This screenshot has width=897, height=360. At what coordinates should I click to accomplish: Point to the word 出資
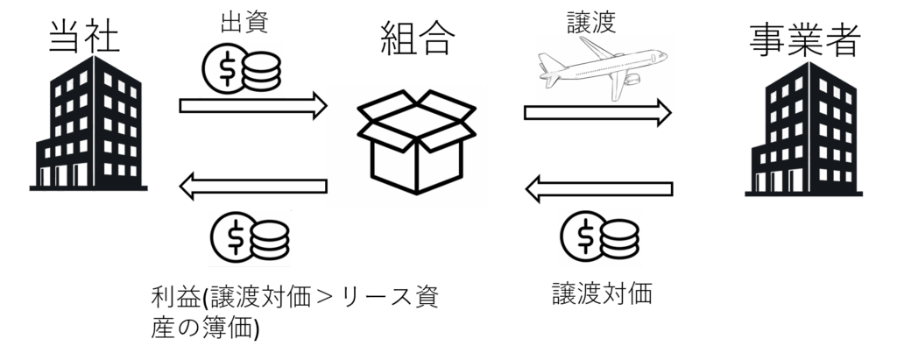(x=244, y=22)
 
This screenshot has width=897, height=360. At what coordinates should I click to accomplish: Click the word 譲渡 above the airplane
(x=591, y=22)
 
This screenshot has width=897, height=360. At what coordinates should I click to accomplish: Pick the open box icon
(x=416, y=142)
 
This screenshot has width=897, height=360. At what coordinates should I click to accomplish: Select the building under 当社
(x=88, y=123)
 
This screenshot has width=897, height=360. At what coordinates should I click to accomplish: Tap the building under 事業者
(x=803, y=129)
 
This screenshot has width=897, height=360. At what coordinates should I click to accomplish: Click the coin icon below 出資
(x=242, y=68)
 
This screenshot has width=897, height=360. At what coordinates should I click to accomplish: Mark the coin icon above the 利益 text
(x=250, y=237)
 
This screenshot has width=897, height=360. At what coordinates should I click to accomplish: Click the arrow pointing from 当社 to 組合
(x=253, y=105)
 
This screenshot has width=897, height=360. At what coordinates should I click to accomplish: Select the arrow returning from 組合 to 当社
(x=253, y=186)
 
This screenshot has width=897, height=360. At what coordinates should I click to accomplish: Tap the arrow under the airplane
(x=597, y=113)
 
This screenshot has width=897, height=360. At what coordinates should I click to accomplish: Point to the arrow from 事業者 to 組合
(x=599, y=189)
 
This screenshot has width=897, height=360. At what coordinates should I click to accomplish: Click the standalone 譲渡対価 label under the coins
(x=602, y=293)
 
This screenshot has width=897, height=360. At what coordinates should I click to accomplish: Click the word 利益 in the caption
(x=175, y=298)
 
